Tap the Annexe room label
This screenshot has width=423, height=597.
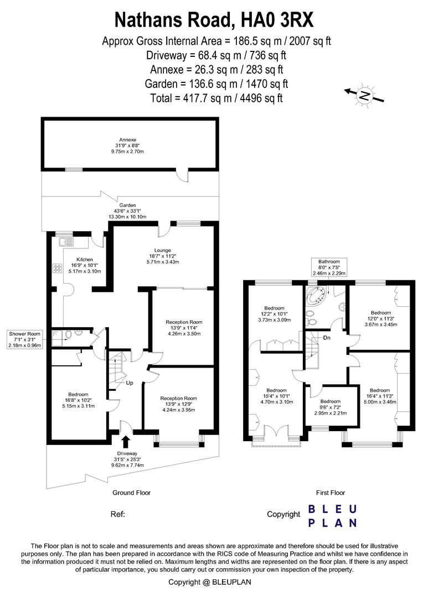tap(128, 140)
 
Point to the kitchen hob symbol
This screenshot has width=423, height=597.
tap(58, 269)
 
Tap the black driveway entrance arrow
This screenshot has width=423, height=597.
tap(126, 441)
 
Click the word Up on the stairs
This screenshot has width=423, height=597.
tap(129, 383)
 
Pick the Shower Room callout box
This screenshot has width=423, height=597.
tap(24, 339)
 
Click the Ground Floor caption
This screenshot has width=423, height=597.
tap(132, 493)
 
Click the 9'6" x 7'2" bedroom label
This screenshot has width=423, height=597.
tap(331, 407)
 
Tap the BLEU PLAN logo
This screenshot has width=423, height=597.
tap(332, 515)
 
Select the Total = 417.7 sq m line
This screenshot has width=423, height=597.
tap(216, 98)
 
